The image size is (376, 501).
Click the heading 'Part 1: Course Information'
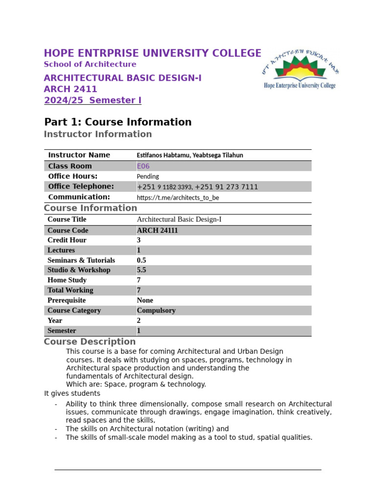click(117, 122)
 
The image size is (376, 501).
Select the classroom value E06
click(143, 166)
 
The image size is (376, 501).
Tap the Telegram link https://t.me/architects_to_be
click(178, 198)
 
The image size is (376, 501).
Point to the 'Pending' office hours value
click(147, 176)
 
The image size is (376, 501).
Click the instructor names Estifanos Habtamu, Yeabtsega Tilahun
click(189, 155)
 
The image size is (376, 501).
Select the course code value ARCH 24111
click(157, 230)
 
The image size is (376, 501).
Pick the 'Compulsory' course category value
click(156, 310)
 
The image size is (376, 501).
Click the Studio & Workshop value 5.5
click(141, 270)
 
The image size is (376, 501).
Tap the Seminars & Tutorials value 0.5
click(141, 260)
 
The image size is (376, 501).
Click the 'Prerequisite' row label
click(67, 300)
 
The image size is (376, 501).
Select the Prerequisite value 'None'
click(145, 300)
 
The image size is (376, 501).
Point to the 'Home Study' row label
click(67, 280)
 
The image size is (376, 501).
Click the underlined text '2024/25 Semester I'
click(93, 100)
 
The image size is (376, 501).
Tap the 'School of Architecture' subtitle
click(90, 64)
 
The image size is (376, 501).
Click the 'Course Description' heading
click(90, 342)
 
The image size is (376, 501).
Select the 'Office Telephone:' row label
click(81, 186)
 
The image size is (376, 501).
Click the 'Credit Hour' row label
click(67, 240)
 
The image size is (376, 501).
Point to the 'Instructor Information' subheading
click(97, 134)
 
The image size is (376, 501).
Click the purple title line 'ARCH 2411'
click(70, 89)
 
